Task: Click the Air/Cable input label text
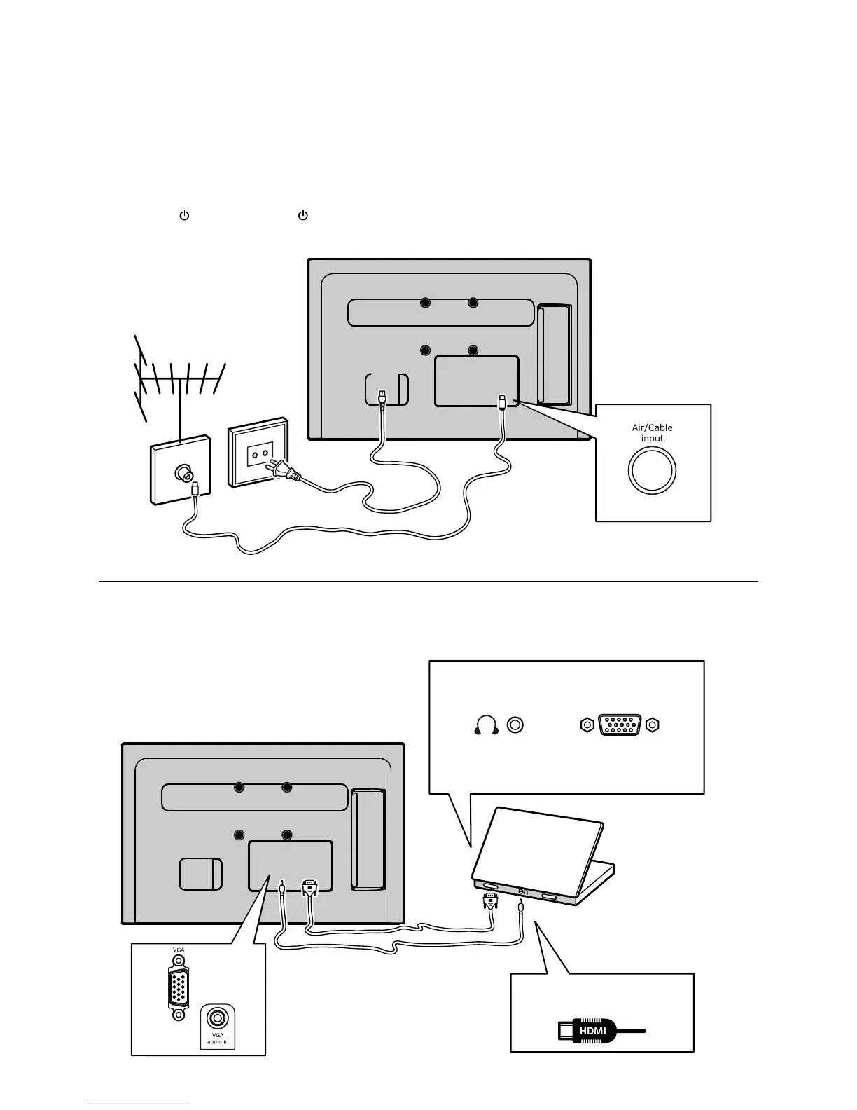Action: (652, 433)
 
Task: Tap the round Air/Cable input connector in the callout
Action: (652, 470)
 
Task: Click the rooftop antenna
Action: (179, 382)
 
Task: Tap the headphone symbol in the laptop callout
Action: (486, 725)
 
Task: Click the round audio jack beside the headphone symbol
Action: (515, 725)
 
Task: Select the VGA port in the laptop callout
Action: (620, 725)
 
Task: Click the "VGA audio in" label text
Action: (218, 1038)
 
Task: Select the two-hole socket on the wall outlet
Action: (260, 453)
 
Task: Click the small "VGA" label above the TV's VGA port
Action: (179, 950)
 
